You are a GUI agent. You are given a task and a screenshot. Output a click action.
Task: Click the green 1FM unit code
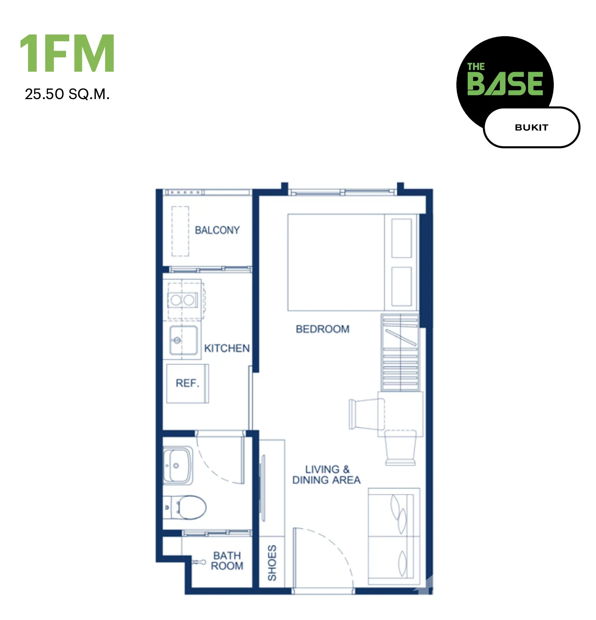(x=67, y=53)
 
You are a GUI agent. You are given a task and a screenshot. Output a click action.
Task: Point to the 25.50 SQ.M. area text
(x=67, y=94)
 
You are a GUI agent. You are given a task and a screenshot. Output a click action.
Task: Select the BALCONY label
(x=217, y=230)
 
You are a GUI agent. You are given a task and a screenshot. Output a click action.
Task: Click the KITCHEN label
(x=226, y=348)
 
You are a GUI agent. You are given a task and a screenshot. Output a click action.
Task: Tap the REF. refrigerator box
(x=187, y=383)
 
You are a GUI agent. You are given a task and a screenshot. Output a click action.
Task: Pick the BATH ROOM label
(x=227, y=561)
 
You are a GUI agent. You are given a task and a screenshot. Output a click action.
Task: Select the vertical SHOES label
(x=272, y=563)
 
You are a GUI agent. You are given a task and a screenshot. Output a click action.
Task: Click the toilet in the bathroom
(x=184, y=507)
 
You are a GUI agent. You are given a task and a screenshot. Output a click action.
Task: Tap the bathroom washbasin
(x=178, y=465)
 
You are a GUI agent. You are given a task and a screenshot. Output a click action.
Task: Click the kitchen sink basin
(x=183, y=340)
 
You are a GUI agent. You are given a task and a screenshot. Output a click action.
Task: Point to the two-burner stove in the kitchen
(x=182, y=300)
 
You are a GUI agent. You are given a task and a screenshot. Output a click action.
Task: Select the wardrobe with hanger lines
(x=400, y=352)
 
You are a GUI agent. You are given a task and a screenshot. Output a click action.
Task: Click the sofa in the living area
(x=393, y=536)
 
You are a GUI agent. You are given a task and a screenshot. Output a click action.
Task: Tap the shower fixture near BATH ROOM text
(x=198, y=562)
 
